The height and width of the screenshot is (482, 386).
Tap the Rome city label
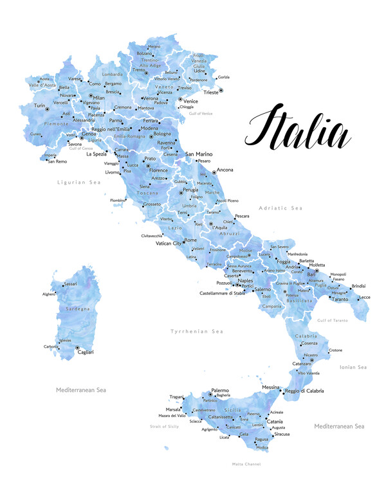(x=190, y=240)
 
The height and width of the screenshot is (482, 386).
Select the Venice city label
(x=190, y=101)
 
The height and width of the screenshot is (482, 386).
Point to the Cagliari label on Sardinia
(x=86, y=352)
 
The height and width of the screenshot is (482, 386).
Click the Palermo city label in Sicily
(x=220, y=390)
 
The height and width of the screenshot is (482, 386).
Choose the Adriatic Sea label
(x=280, y=208)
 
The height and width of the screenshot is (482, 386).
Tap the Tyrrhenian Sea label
(x=196, y=331)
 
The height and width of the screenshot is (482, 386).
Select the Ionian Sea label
(x=353, y=367)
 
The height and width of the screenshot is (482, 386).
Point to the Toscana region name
(x=147, y=193)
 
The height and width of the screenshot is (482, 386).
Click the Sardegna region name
(x=78, y=309)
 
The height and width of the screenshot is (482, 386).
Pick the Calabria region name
(x=306, y=336)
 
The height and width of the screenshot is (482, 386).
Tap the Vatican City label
(x=169, y=244)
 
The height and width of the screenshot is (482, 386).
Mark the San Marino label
(x=199, y=154)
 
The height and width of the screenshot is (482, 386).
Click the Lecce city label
(x=365, y=297)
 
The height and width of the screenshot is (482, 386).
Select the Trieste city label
(x=210, y=93)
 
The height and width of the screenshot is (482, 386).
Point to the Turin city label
(x=40, y=105)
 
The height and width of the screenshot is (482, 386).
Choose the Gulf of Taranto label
(x=333, y=319)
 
